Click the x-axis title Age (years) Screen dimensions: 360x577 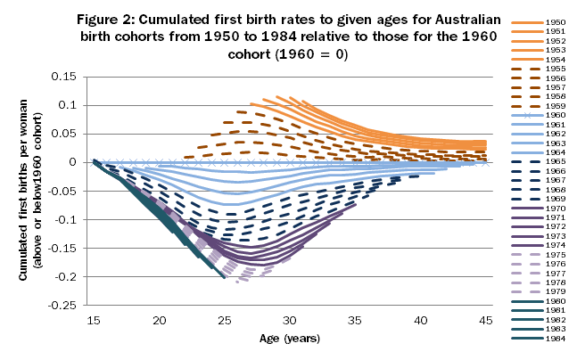[x=290, y=339]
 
